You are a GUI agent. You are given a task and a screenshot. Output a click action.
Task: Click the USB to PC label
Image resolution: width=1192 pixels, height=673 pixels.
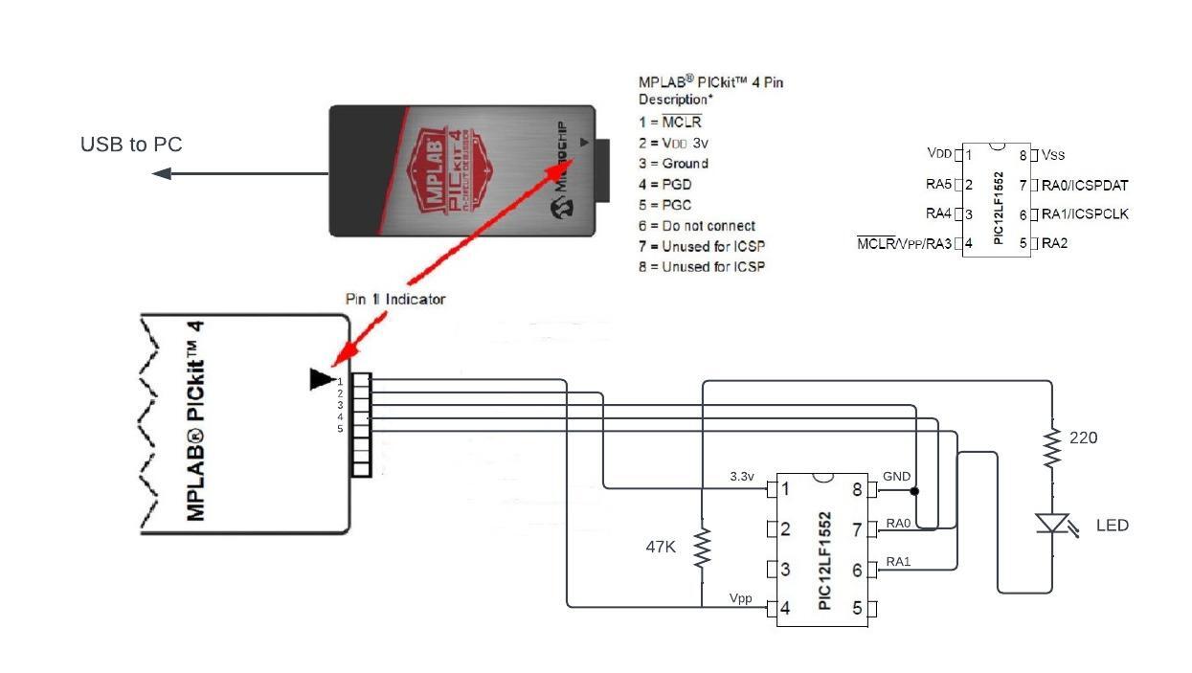[x=131, y=145]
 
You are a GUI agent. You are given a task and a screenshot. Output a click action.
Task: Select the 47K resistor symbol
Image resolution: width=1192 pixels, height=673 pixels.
[x=702, y=548]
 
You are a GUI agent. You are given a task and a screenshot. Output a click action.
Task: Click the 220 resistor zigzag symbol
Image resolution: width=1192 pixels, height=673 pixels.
[x=1052, y=448]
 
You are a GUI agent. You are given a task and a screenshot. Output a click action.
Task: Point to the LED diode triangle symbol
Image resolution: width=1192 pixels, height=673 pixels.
[x=1052, y=523]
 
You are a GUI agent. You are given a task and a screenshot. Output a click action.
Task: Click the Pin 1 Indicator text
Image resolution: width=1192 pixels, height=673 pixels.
[x=395, y=299]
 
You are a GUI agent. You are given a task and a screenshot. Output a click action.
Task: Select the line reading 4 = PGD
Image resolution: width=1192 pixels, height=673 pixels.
[x=665, y=184]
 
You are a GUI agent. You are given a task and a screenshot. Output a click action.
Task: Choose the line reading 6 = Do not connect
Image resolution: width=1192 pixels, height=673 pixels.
[x=697, y=226]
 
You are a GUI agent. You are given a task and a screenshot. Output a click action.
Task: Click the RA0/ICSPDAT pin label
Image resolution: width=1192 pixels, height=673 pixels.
[x=1085, y=185]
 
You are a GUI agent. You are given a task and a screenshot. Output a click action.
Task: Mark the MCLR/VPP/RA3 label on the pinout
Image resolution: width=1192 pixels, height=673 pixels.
[x=904, y=243]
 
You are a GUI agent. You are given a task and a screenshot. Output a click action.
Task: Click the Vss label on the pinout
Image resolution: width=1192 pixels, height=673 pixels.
[x=1053, y=155]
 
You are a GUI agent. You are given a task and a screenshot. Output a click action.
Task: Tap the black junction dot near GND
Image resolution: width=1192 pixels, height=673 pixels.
[x=914, y=491]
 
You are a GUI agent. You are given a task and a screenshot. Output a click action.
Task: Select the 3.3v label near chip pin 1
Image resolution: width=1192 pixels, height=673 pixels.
[x=742, y=476]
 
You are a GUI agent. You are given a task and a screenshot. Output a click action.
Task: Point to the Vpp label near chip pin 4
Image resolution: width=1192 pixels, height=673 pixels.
[x=740, y=598]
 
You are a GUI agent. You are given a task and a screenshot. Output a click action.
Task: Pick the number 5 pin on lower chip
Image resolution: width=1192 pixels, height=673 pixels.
[x=857, y=608]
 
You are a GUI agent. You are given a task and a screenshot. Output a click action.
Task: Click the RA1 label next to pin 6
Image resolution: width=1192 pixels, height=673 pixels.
[x=898, y=562]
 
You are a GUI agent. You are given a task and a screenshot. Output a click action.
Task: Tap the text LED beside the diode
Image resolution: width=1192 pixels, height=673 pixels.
[x=1113, y=526]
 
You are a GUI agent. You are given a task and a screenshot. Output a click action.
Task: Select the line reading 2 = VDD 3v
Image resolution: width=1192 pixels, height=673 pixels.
[x=673, y=143]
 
